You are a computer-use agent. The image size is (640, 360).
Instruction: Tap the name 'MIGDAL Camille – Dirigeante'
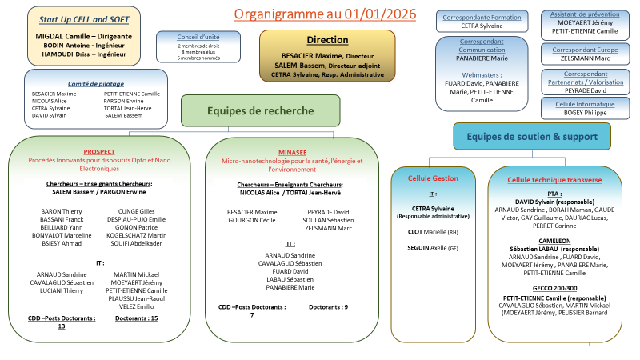(84, 36)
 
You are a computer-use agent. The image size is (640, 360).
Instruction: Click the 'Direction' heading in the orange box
(327, 40)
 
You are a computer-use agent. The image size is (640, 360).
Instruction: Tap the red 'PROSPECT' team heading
(99, 151)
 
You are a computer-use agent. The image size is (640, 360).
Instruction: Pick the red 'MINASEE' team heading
(292, 151)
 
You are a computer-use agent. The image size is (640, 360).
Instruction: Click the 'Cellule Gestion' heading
(433, 178)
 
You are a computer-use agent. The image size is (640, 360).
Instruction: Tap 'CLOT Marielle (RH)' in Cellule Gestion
(432, 231)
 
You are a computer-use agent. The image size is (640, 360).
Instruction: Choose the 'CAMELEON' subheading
(554, 240)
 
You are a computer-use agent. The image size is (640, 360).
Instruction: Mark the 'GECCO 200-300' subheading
(554, 287)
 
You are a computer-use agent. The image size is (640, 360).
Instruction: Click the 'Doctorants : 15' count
(137, 318)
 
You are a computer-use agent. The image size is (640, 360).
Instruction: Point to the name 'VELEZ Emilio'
(134, 306)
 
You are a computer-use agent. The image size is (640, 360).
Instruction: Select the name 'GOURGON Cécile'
(252, 219)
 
